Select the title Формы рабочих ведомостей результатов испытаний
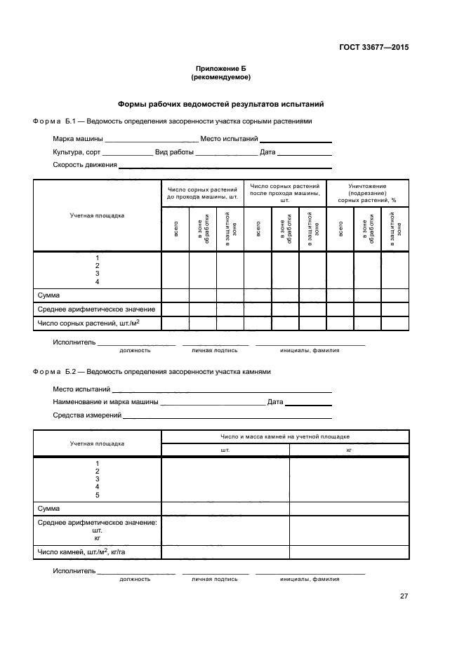(220, 104)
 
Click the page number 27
(404, 596)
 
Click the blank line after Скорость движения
(225, 167)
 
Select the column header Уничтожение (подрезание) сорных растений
(367, 193)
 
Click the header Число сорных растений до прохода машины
(202, 193)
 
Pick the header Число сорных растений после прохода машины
(285, 193)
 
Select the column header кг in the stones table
(349, 450)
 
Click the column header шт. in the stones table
(225, 450)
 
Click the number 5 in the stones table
(98, 495)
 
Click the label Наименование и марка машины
(106, 402)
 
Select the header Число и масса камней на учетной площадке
(285, 436)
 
